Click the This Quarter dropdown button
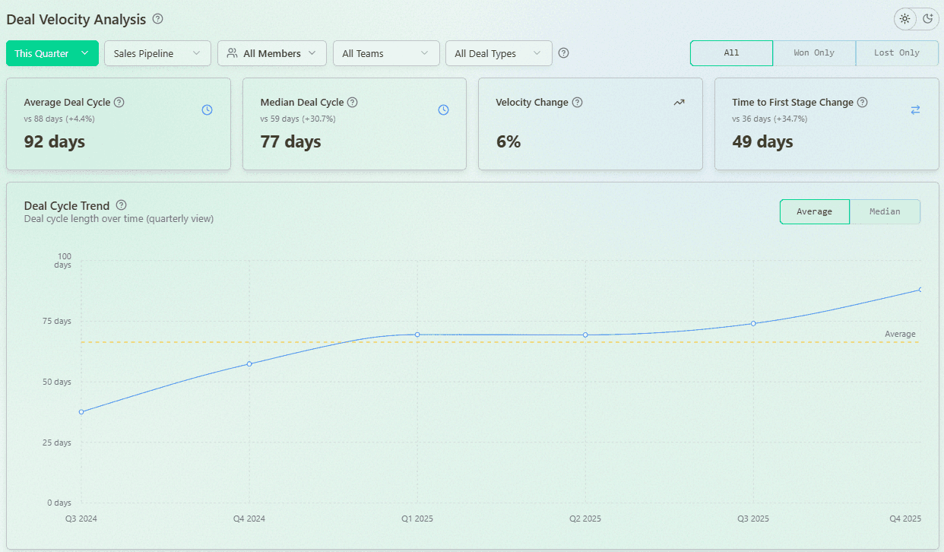52,53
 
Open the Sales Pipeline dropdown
157,53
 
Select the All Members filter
271,53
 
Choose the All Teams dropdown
386,53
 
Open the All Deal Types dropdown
499,53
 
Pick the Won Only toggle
814,53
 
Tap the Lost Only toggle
897,53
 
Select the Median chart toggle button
885,211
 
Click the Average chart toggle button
814,211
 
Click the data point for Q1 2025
417,335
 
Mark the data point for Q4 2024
249,363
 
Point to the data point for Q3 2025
753,323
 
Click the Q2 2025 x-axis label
585,519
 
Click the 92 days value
55,141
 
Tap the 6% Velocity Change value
508,141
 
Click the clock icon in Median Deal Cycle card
444,109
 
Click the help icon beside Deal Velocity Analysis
157,19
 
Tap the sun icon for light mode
904,19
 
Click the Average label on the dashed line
900,334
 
